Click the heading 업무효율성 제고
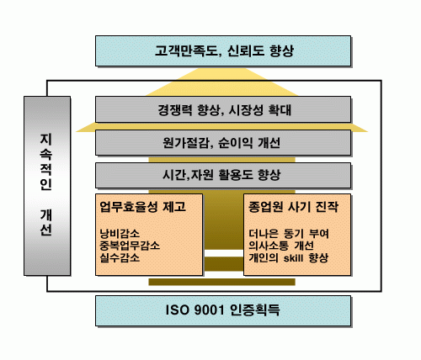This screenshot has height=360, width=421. tap(143, 207)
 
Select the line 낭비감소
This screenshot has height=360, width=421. tap(120, 233)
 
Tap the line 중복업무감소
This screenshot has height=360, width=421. tap(130, 246)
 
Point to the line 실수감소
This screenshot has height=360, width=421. tap(120, 257)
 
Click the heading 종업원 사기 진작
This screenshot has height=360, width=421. tap(294, 207)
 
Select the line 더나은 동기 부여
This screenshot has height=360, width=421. tap(289, 233)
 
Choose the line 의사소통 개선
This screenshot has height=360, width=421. tap(281, 246)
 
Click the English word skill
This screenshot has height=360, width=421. tap(293, 257)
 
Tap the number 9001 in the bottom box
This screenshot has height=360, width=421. tap(209, 310)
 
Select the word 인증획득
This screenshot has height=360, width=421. tap(255, 310)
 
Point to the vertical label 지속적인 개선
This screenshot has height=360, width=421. tap(45, 185)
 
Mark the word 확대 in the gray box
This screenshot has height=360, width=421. tap(280, 109)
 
